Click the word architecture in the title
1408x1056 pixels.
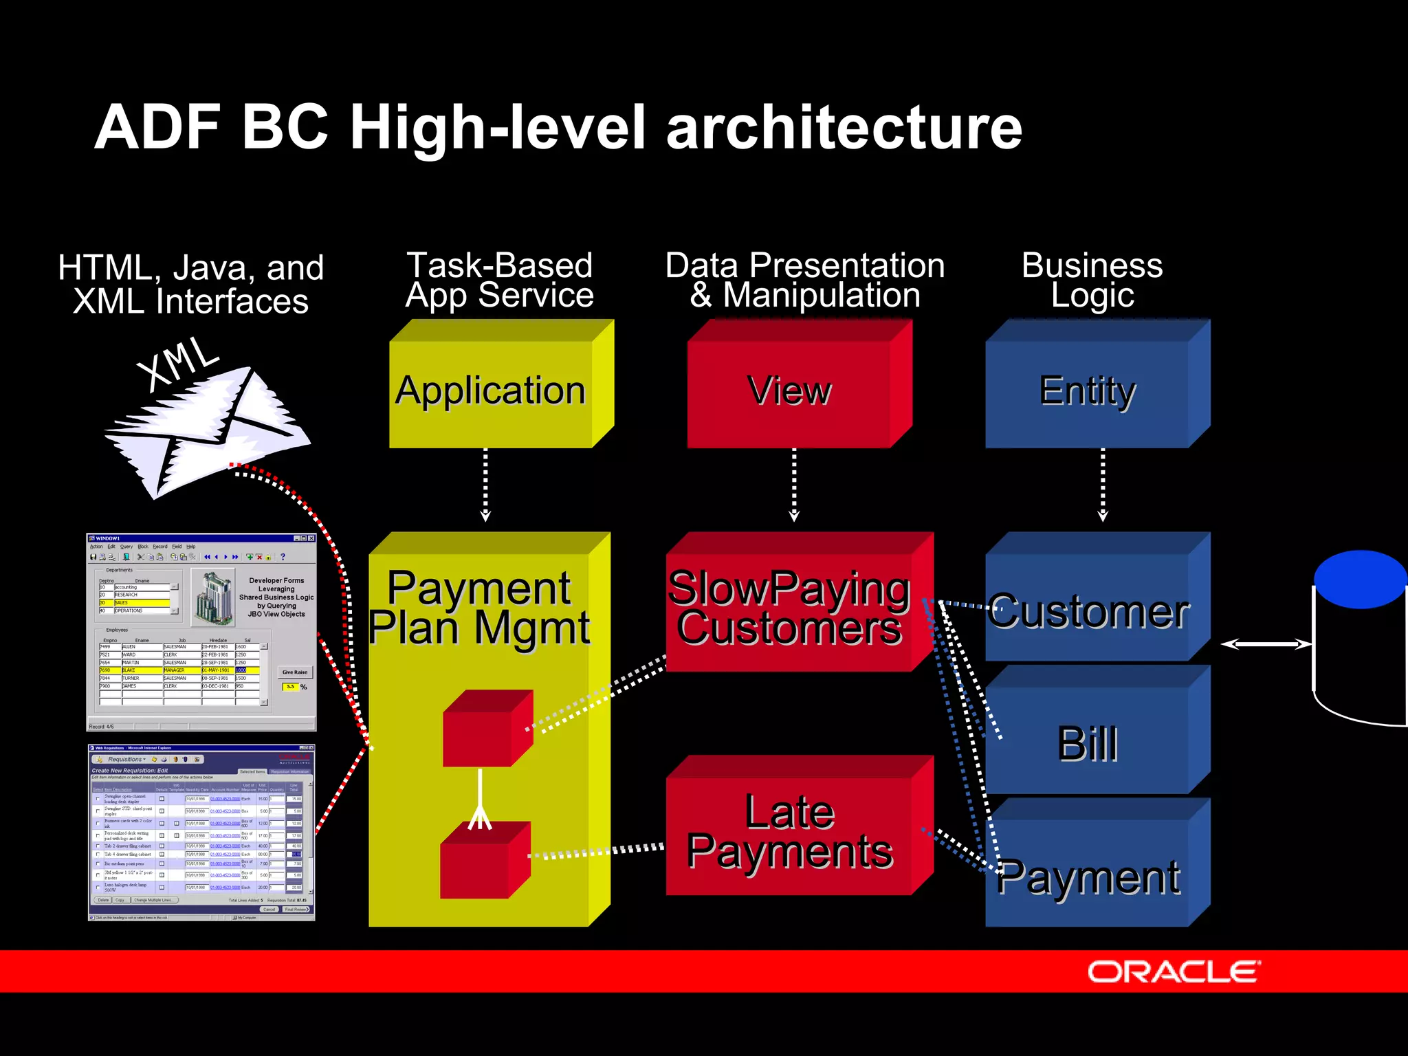(x=844, y=128)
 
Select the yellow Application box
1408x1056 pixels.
(x=491, y=392)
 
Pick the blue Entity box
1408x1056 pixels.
(x=1088, y=392)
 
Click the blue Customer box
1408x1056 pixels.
(x=1088, y=612)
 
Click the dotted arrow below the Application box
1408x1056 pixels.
(x=485, y=485)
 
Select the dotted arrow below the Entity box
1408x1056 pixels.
(x=1103, y=485)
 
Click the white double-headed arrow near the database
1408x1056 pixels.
(x=1266, y=644)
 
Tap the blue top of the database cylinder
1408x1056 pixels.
(x=1360, y=579)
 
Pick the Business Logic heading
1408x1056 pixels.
(x=1092, y=280)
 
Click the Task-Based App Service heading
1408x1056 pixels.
(x=500, y=280)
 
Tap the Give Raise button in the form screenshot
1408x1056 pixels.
(x=295, y=672)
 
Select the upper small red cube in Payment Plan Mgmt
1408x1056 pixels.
(x=487, y=729)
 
